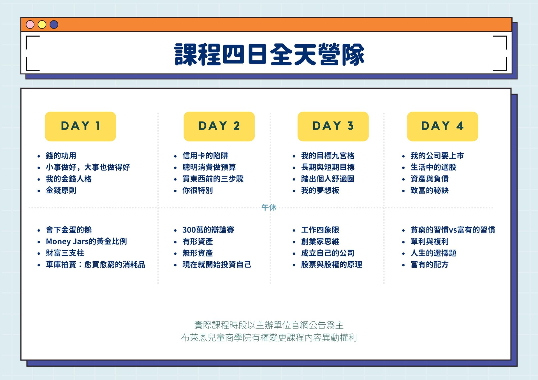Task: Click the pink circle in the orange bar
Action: pos(30,25)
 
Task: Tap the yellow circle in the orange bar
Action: pos(42,25)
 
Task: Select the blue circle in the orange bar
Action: pos(54,25)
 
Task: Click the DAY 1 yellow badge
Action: pos(80,126)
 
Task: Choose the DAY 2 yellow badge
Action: pos(219,126)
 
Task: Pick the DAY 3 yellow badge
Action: pos(333,126)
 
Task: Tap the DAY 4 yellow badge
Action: pos(442,126)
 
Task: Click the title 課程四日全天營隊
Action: pos(269,54)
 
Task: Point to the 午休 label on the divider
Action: pos(269,207)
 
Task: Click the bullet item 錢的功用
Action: pos(61,156)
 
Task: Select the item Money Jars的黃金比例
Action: pos(86,241)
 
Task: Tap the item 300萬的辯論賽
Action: pos(208,230)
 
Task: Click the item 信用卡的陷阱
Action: pos(205,156)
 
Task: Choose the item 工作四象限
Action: pos(320,230)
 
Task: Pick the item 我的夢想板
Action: pos(320,190)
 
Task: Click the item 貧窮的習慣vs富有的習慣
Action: pos(453,230)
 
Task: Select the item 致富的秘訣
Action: pos(430,190)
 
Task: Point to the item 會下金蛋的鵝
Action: pos(69,230)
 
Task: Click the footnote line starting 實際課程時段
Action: pos(269,325)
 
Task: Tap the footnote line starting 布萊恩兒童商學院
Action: pos(269,338)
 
